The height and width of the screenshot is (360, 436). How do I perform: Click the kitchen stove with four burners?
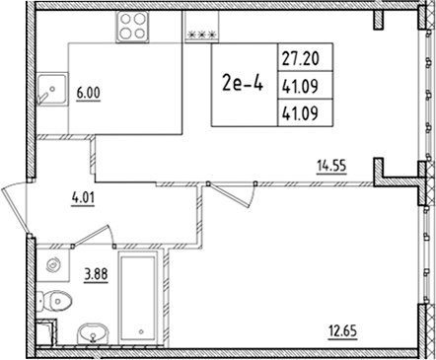(x=131, y=28)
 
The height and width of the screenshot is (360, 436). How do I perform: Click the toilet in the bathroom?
(x=58, y=299)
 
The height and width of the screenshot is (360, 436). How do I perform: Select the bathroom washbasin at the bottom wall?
(x=94, y=332)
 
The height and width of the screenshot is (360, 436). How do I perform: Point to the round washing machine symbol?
(x=54, y=264)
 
